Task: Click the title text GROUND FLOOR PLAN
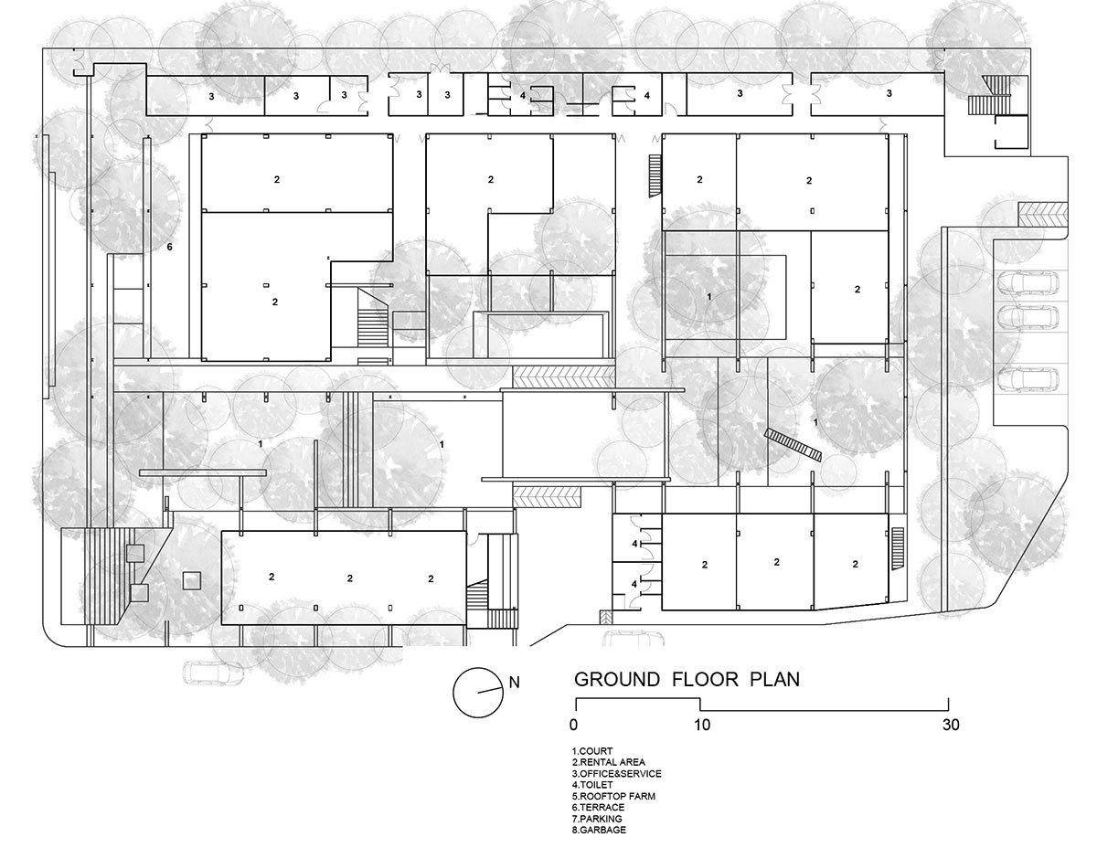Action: (x=687, y=680)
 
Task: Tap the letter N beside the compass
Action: (x=514, y=682)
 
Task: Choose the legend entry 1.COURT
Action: (x=592, y=751)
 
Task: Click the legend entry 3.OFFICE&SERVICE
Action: (x=616, y=773)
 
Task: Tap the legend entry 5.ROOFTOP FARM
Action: (x=611, y=796)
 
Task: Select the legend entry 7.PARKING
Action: (x=598, y=819)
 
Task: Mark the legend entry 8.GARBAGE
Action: (x=600, y=830)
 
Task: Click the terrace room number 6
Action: (x=169, y=247)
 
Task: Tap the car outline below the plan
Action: (x=213, y=674)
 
